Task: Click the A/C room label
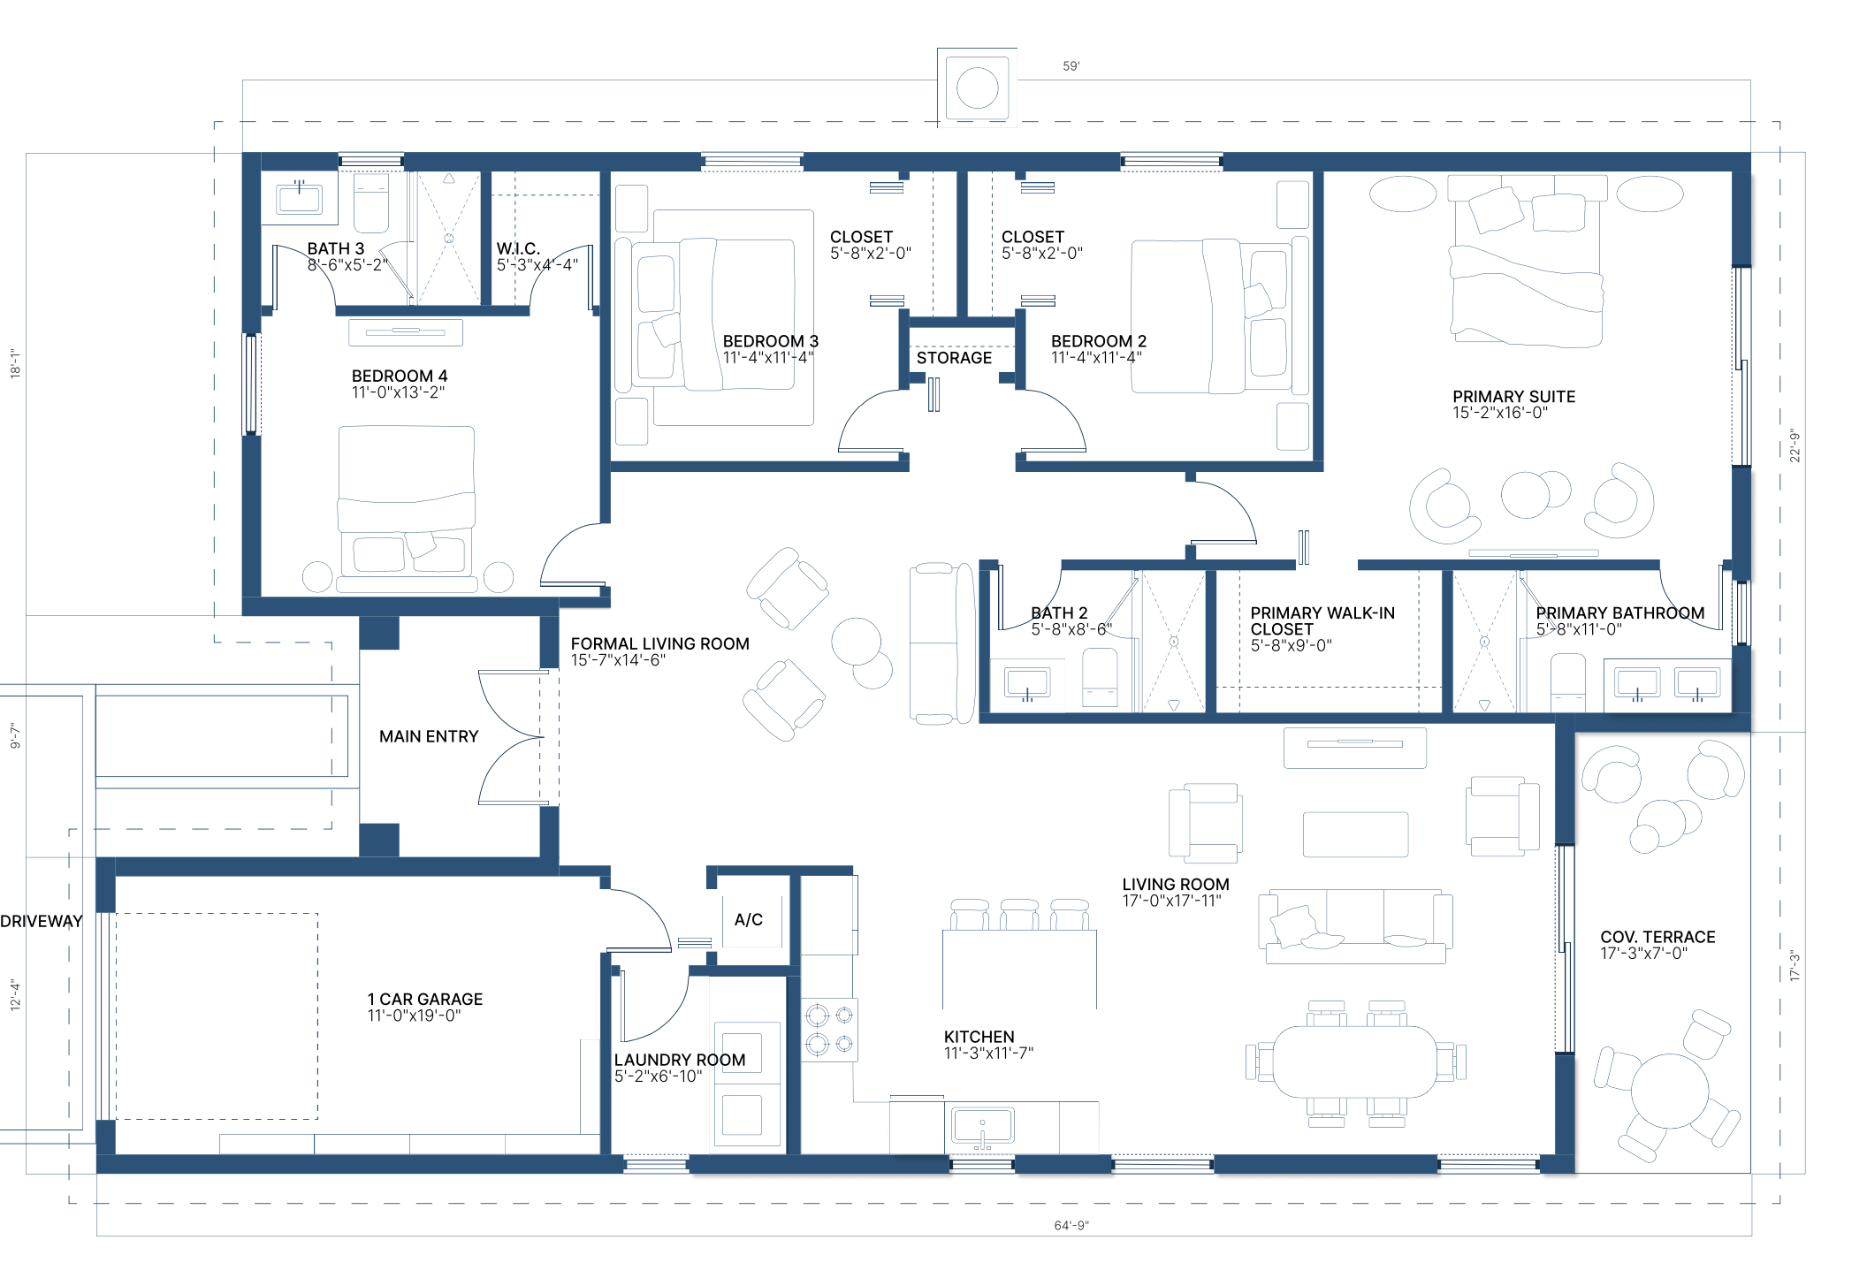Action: click(x=748, y=919)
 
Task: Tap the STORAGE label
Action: click(x=954, y=358)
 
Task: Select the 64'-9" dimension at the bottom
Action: click(x=1071, y=1225)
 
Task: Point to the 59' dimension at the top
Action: click(x=1071, y=65)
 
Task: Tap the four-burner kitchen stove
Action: click(x=829, y=1030)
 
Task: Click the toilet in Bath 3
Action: click(x=371, y=202)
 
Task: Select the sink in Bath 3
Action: click(x=299, y=198)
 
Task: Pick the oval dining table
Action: click(x=1355, y=1061)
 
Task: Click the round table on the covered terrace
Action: click(x=1669, y=1091)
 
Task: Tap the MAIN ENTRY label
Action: click(x=429, y=736)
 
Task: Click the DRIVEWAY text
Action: click(x=42, y=921)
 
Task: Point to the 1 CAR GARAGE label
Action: click(x=425, y=999)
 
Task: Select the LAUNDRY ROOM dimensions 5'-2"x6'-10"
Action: click(x=659, y=1076)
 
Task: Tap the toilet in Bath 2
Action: click(x=1101, y=678)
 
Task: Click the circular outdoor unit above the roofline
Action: click(x=977, y=88)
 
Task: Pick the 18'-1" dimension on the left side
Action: click(x=15, y=363)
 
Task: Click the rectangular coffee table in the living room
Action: click(x=1355, y=834)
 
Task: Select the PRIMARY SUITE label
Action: click(x=1513, y=397)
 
